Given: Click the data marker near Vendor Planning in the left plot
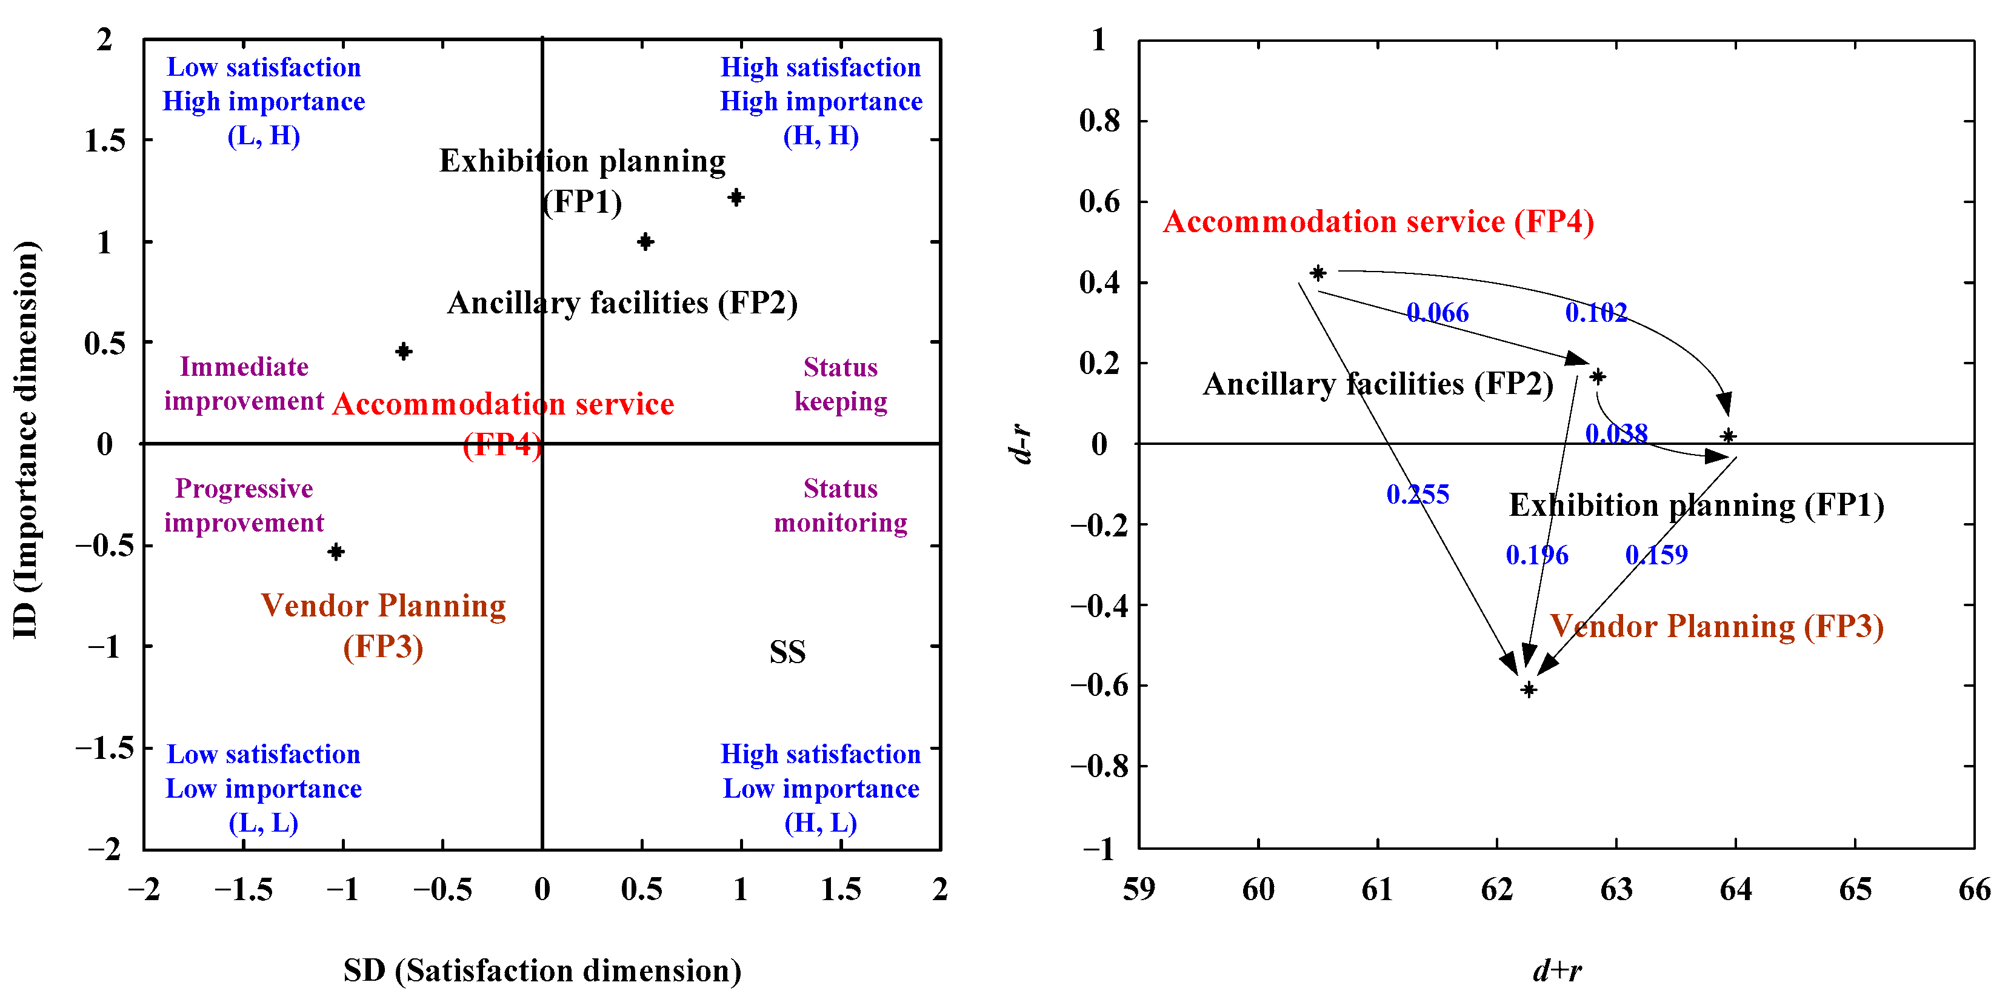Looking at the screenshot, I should tap(336, 552).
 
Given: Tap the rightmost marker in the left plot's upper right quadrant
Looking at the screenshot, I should tap(735, 198).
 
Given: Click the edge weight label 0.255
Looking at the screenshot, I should tap(1417, 494).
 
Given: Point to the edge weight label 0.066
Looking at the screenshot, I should tap(1437, 313).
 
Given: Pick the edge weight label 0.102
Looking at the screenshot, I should tap(1596, 313).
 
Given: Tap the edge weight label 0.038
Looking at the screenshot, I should tap(1616, 433).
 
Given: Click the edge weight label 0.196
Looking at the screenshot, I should tap(1536, 555).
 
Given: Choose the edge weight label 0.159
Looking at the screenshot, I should tap(1656, 555).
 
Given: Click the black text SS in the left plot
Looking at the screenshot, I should tap(787, 652).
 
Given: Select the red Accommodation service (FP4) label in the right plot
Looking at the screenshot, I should tap(1378, 222).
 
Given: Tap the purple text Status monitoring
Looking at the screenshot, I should tap(840, 506).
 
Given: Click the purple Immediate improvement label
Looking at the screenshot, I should tap(244, 384).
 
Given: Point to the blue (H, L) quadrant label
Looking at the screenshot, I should tap(821, 823).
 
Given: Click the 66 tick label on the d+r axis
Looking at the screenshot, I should tap(1973, 889).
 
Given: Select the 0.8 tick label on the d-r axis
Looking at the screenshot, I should tap(1099, 121).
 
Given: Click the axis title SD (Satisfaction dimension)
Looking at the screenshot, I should tap(542, 970).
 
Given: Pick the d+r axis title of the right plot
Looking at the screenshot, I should tap(1556, 970).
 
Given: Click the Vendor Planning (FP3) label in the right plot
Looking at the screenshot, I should tap(1716, 626).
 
